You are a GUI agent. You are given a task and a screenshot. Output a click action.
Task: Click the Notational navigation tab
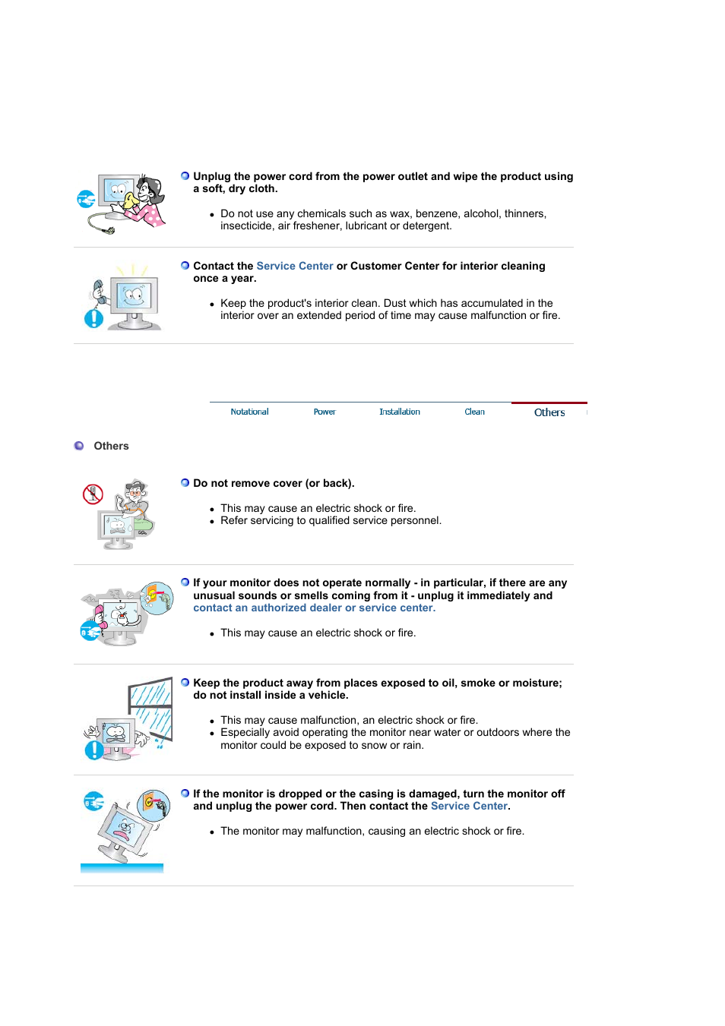(249, 412)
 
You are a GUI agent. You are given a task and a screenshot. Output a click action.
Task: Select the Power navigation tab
(325, 412)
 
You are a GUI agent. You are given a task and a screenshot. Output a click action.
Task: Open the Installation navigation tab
(399, 412)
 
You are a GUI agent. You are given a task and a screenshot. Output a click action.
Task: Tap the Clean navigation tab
(474, 412)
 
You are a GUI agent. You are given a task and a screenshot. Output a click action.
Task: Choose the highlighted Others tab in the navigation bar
(549, 412)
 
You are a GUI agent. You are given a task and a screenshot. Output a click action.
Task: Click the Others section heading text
(111, 446)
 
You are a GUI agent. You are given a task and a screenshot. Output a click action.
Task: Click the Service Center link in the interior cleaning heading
(295, 266)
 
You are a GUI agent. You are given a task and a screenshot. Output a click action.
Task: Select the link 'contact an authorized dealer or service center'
(314, 608)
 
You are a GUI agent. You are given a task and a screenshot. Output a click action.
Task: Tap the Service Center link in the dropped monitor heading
(469, 806)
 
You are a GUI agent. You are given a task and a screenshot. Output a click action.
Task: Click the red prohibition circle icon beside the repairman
(93, 494)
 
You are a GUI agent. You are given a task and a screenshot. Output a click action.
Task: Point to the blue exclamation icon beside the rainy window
(93, 750)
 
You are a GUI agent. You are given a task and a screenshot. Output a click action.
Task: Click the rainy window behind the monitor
(151, 706)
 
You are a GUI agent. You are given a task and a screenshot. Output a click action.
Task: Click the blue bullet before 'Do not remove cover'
(185, 483)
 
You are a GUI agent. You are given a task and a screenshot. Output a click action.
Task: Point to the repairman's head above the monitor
(136, 490)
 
